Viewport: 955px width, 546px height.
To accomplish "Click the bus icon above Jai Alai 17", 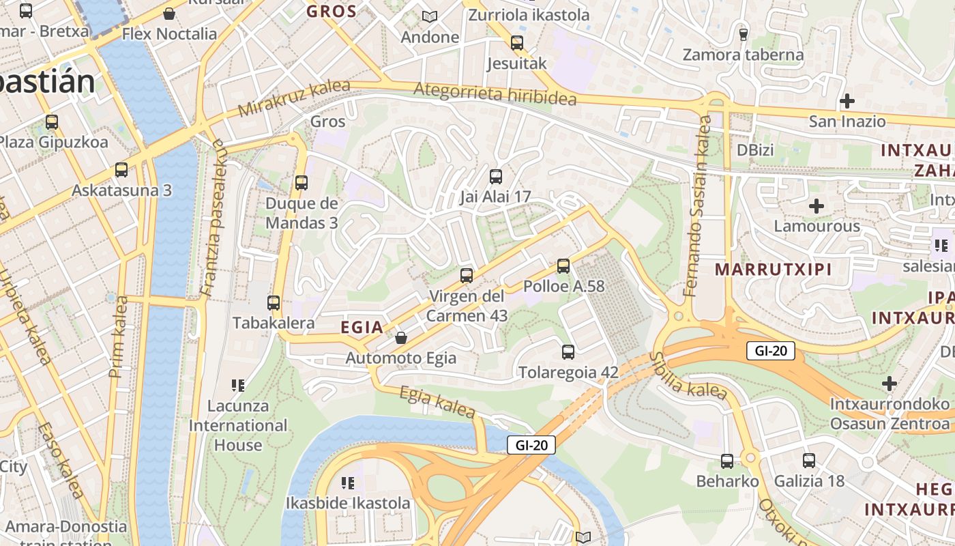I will coord(496,176).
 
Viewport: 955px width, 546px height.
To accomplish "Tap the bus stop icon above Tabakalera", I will coord(274,302).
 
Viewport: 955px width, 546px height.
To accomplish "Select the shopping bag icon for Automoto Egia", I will coord(401,338).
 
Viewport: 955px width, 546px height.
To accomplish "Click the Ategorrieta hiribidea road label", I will coord(495,93).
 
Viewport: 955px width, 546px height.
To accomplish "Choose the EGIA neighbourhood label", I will coord(362,328).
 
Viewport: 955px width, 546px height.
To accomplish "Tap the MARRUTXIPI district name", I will coord(773,269).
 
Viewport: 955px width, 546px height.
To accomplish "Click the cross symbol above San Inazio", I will coord(847,101).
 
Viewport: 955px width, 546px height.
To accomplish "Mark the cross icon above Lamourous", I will coord(817,205).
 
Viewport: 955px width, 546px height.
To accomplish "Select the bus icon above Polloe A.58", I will coord(563,265).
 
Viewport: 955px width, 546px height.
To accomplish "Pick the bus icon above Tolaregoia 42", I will coord(568,352).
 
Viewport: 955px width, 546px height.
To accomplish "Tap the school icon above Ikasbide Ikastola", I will coord(348,483).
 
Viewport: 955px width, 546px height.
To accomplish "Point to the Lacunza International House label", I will coord(238,425).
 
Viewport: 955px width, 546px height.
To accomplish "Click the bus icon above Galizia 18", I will coord(809,461).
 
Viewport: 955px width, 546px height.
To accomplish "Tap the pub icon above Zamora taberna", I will coord(744,33).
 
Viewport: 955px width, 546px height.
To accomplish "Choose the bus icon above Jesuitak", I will coord(517,43).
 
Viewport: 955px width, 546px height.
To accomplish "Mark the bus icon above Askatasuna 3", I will coord(121,169).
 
